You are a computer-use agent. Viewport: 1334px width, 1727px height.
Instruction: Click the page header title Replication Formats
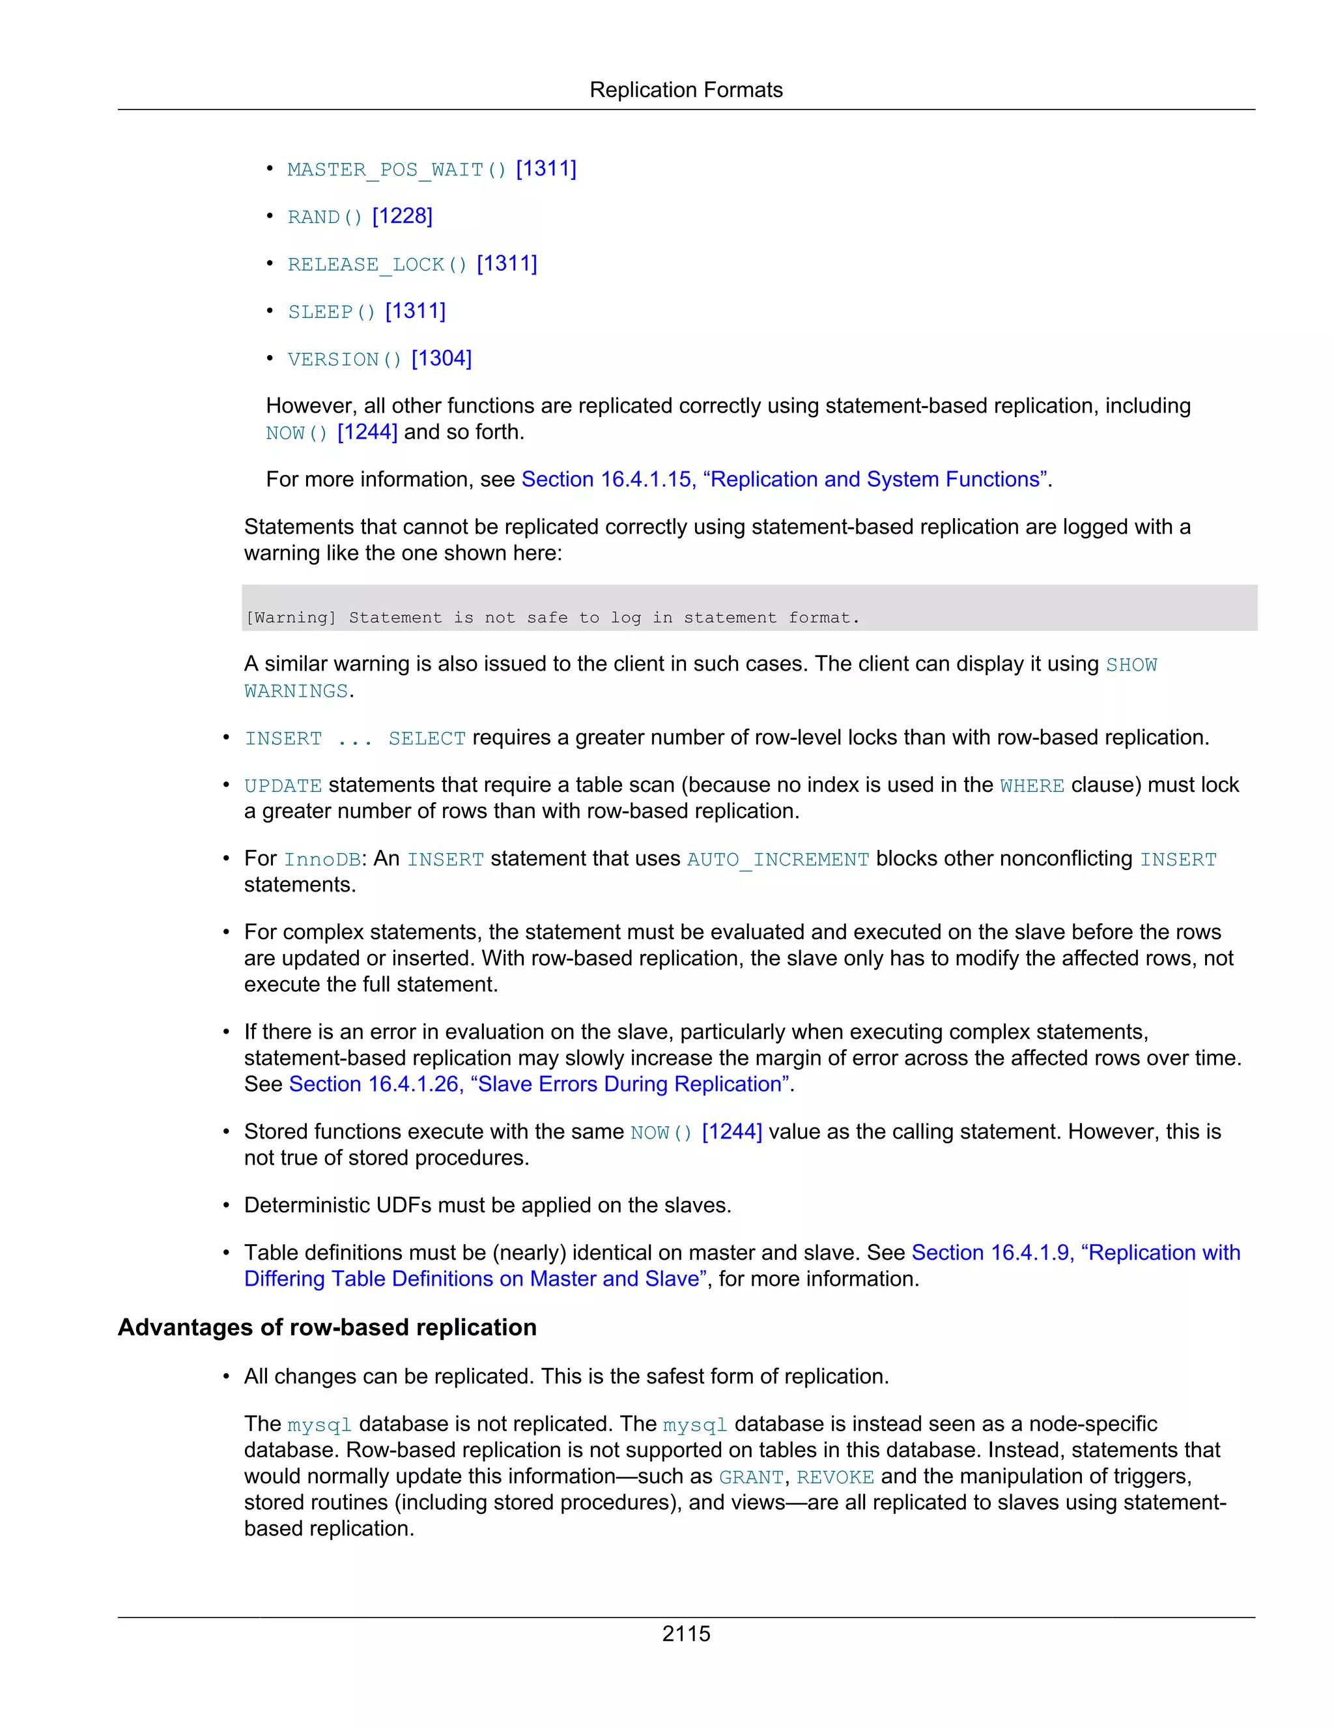pyautogui.click(x=685, y=90)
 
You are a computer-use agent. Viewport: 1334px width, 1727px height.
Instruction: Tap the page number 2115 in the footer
pyautogui.click(x=685, y=1633)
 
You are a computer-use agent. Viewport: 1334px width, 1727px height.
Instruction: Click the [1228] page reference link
pyautogui.click(x=403, y=216)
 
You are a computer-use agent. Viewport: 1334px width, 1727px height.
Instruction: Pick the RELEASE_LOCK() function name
pyautogui.click(x=377, y=265)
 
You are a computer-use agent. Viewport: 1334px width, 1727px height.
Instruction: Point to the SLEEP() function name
pyautogui.click(x=331, y=312)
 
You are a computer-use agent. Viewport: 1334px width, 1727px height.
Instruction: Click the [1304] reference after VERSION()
pyautogui.click(x=441, y=358)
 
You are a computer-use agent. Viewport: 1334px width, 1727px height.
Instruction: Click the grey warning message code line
pyautogui.click(x=552, y=618)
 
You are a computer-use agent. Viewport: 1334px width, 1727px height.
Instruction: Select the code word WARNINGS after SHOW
pyautogui.click(x=296, y=692)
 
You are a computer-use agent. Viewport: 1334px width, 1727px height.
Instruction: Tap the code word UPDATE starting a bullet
pyautogui.click(x=283, y=786)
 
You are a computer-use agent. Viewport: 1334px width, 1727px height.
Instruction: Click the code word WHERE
pyautogui.click(x=1031, y=786)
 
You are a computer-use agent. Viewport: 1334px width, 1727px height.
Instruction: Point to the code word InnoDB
pyautogui.click(x=322, y=860)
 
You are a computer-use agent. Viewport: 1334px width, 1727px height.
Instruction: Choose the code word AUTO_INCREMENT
pyautogui.click(x=778, y=860)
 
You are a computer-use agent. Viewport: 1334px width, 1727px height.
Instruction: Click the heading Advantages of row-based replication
pyautogui.click(x=327, y=1327)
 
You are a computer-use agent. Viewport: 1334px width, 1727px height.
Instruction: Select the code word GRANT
pyautogui.click(x=751, y=1477)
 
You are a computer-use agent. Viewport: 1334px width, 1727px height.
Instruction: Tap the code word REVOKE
pyautogui.click(x=834, y=1477)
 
